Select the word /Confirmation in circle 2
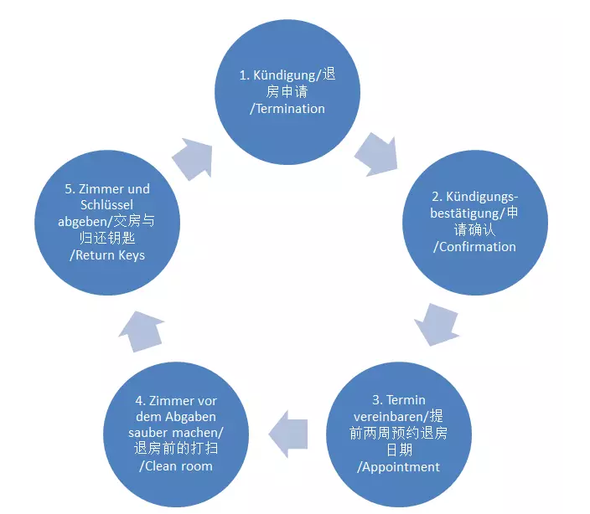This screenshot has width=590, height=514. coord(474,246)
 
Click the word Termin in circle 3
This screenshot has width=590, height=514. coord(407,399)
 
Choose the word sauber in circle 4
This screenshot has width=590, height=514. coord(156,432)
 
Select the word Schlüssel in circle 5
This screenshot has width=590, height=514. coord(96,205)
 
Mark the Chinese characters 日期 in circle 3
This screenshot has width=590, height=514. coord(398,450)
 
